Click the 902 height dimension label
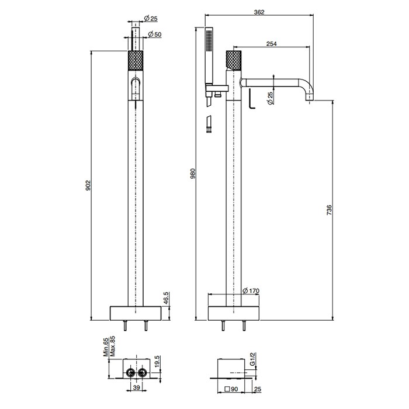tap(89, 186)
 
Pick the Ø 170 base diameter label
tap(251, 290)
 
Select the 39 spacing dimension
tap(136, 387)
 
